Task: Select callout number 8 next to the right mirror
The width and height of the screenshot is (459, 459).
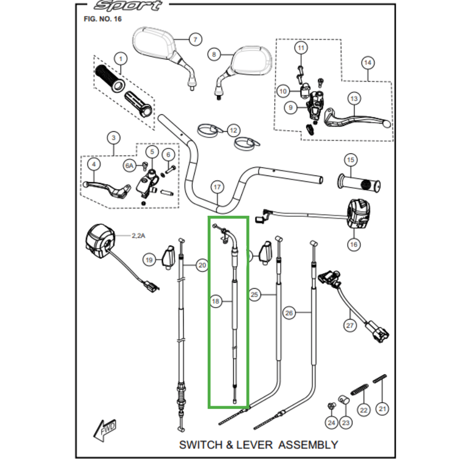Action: [x=213, y=55]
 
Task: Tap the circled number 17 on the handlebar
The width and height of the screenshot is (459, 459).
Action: [x=216, y=188]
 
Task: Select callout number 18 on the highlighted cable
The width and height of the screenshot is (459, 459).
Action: [x=216, y=301]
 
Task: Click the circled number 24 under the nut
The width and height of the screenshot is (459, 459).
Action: [x=331, y=423]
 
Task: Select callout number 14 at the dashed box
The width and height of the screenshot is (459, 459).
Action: [x=367, y=62]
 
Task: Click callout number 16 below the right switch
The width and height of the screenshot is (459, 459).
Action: [x=353, y=244]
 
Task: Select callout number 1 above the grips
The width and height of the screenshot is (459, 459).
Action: [x=120, y=58]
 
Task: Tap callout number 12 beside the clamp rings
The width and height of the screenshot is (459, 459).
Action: [x=233, y=131]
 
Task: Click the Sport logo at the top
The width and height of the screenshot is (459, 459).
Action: [x=127, y=6]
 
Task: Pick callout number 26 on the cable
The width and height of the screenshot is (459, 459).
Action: [x=289, y=313]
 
